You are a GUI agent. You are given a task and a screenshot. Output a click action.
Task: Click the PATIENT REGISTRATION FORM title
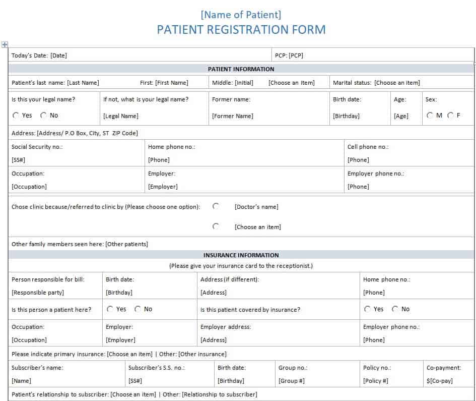click(241, 30)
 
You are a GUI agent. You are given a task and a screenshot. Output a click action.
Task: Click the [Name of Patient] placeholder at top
click(241, 15)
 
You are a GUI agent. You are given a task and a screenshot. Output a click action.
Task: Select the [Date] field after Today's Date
click(58, 55)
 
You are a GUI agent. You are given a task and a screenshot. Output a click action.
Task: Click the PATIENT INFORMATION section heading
click(241, 69)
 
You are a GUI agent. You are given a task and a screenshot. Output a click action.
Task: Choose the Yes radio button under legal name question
click(16, 116)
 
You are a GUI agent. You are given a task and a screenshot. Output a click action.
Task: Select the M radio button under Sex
click(430, 116)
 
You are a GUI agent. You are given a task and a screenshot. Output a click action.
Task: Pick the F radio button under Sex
click(450, 116)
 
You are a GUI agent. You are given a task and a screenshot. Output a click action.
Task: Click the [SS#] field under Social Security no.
click(19, 160)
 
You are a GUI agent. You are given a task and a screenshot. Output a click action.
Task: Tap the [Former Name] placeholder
click(232, 116)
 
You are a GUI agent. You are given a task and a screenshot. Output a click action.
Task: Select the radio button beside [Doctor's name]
click(216, 206)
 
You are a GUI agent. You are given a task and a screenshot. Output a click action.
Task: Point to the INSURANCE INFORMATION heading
click(241, 255)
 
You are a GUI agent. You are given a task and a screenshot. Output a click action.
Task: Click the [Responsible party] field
click(38, 293)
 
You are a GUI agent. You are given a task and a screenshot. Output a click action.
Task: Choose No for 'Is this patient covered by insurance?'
click(395, 309)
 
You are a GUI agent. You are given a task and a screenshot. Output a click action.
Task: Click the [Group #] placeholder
click(291, 381)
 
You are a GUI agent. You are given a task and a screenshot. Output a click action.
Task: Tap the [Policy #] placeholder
click(376, 381)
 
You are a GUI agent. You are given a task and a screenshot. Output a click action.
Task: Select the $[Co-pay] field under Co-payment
click(439, 381)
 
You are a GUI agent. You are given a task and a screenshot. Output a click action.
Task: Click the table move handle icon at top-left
click(5, 44)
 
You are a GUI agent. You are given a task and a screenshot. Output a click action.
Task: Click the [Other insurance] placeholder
click(202, 354)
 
